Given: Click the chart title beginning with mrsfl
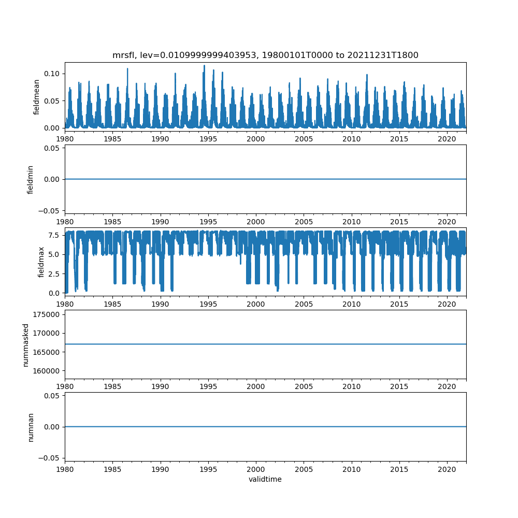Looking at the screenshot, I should tap(265, 55).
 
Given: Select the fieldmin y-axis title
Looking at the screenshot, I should tap(30, 179).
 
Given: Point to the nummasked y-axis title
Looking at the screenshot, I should tap(25, 344).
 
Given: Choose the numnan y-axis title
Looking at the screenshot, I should tap(31, 427).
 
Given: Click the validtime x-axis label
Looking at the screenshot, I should tap(265, 479).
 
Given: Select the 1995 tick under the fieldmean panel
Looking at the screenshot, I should tap(208, 139).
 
